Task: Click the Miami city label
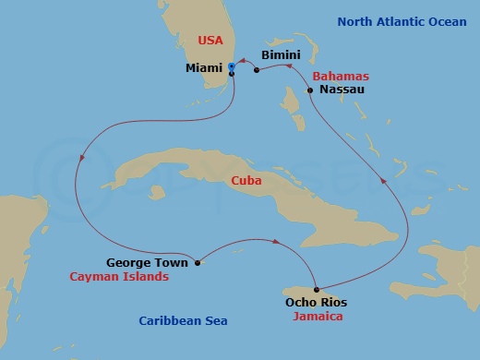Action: tap(204, 67)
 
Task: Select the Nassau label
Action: tap(339, 90)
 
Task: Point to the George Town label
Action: tap(147, 262)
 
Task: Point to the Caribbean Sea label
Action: tap(183, 320)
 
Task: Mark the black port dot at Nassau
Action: tap(310, 90)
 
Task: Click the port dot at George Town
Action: tap(197, 262)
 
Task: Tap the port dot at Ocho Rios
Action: tap(316, 288)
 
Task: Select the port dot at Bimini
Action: tap(256, 71)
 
